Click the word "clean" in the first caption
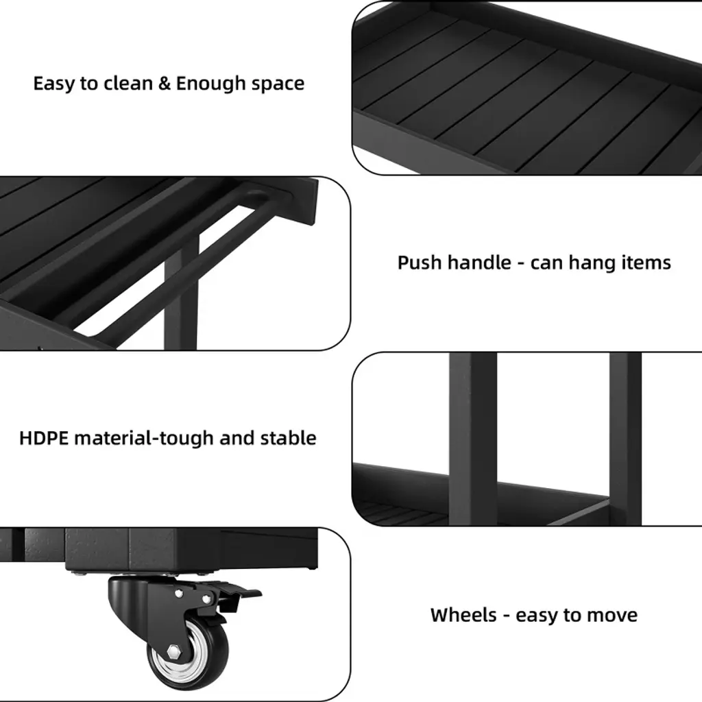[x=128, y=83]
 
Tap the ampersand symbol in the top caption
[x=165, y=83]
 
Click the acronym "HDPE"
[x=44, y=438]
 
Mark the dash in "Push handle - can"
[x=521, y=264]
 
